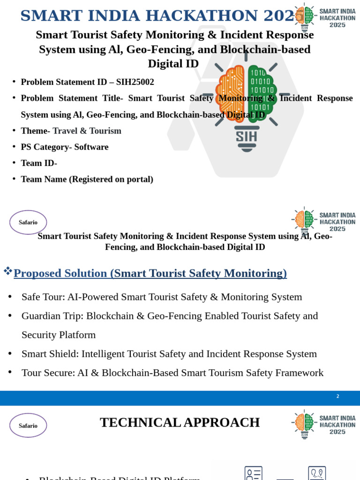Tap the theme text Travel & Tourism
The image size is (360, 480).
[87, 131]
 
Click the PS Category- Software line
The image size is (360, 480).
[65, 147]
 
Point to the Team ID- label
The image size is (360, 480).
[39, 163]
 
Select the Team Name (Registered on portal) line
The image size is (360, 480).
[87, 180]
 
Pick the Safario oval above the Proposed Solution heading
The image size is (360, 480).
[28, 222]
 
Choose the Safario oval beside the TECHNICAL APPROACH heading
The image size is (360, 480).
[28, 425]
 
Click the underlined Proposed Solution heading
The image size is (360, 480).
[150, 273]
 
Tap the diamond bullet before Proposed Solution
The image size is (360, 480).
[7, 270]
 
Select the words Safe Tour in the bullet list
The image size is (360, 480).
[43, 297]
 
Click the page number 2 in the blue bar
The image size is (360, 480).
[337, 397]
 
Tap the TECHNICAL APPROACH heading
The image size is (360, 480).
[180, 423]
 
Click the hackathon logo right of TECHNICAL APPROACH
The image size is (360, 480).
[323, 424]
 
